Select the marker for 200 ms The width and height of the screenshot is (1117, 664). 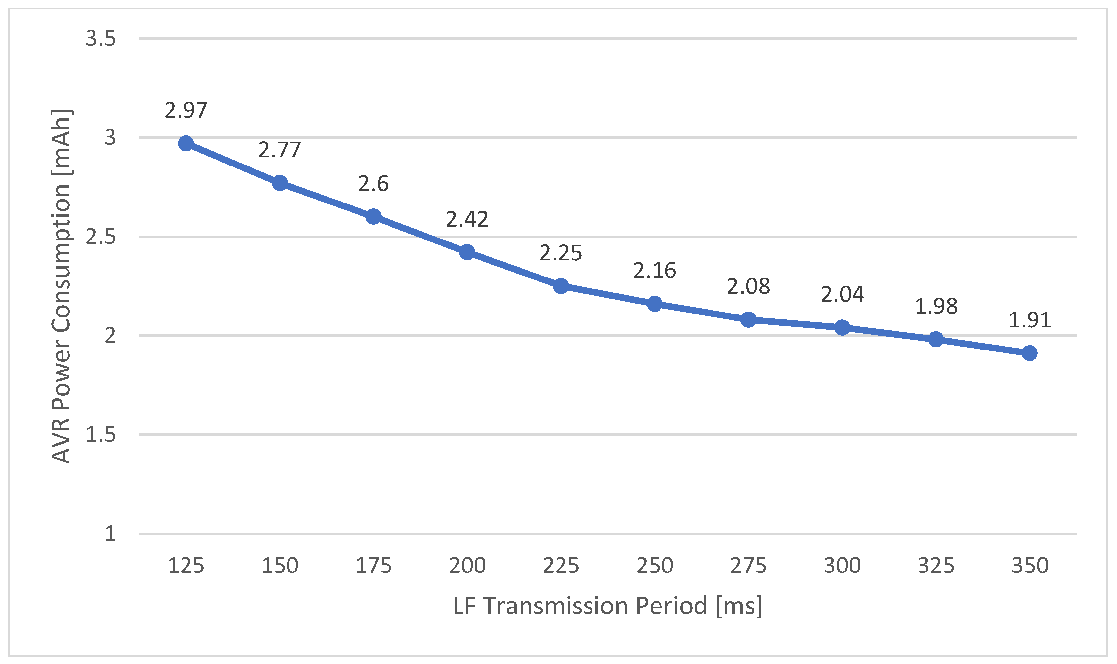point(467,252)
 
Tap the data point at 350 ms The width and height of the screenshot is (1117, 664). point(1030,353)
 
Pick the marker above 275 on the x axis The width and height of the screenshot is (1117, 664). point(748,320)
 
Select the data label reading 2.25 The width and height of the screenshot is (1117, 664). point(560,253)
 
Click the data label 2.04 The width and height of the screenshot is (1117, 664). point(842,294)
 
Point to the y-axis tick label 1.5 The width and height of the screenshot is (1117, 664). point(101,434)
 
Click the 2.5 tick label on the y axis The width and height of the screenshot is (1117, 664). point(101,237)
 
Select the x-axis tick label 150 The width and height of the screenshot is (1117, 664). point(280,566)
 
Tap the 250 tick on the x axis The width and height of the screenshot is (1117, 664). point(655,566)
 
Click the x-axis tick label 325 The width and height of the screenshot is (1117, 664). point(936,566)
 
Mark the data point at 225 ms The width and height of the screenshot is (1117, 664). point(561,286)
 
